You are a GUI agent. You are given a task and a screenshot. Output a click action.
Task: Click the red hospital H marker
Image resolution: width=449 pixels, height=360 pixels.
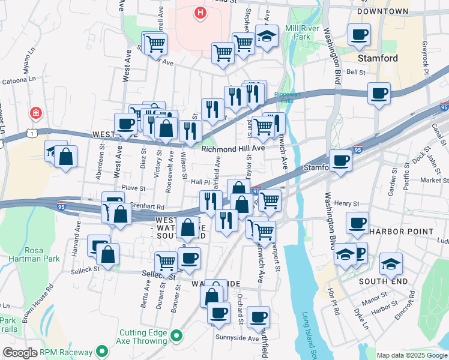(200, 12)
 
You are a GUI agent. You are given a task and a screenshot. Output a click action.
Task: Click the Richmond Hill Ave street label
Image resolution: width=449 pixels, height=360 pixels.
(234, 148)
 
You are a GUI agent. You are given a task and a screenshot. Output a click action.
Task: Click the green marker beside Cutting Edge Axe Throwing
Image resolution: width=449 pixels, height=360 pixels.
(176, 336)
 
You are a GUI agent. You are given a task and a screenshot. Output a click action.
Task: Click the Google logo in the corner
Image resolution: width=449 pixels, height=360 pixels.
(19, 352)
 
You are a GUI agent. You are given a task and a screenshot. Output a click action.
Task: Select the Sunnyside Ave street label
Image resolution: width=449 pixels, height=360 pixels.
(237, 338)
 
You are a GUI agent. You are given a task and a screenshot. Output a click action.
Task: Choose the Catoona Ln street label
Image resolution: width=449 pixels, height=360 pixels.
(19, 80)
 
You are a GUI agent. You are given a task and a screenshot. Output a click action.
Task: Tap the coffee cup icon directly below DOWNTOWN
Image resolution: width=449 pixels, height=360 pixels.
(359, 34)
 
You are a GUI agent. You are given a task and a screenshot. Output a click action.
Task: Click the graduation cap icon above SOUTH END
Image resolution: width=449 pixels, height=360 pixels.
(391, 263)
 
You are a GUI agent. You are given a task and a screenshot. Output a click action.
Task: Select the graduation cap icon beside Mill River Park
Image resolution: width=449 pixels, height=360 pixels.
(267, 35)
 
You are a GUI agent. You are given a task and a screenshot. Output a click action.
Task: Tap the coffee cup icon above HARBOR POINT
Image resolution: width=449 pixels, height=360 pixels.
(357, 223)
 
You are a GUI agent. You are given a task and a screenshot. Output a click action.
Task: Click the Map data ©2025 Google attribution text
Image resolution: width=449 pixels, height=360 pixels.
(411, 355)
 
